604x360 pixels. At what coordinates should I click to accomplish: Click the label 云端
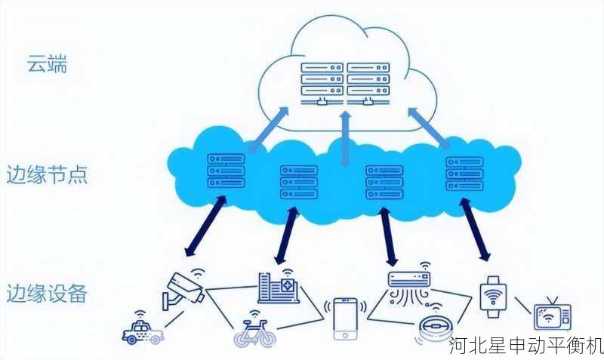pos(47,65)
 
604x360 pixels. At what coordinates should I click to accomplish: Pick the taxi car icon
pos(143,331)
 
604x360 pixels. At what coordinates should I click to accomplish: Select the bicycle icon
pos(254,331)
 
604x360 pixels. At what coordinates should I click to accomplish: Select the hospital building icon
pos(278,288)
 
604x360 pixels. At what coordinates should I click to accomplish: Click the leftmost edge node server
pos(226,171)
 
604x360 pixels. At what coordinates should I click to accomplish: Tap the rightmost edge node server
pos(464,173)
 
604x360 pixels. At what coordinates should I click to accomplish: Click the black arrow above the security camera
pos(205,226)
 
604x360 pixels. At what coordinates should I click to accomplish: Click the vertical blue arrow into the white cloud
pos(346,136)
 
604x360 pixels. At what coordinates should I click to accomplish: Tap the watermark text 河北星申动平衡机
pos(526,346)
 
